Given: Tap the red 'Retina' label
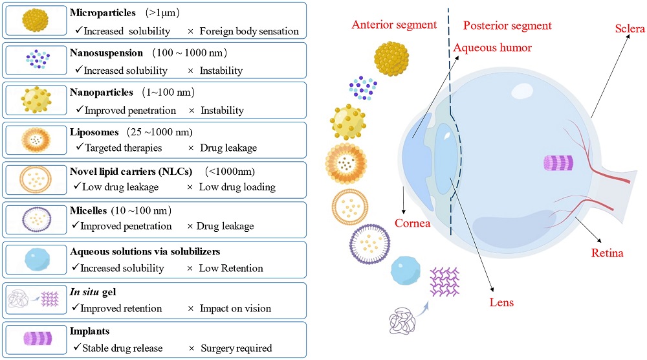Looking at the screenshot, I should (x=607, y=253).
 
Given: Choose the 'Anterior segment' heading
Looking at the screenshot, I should (x=394, y=25).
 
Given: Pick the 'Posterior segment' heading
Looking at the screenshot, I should (x=508, y=25).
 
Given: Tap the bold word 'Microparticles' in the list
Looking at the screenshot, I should (x=102, y=12).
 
